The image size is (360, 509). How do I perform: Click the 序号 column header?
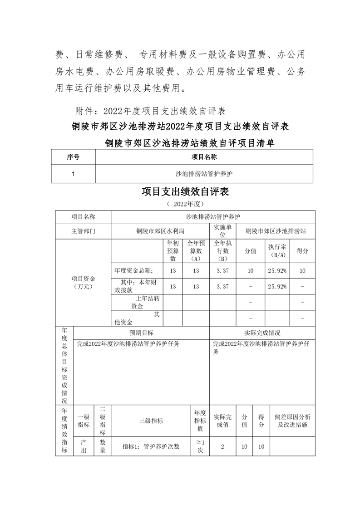pos(73,157)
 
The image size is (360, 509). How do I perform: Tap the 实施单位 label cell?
pos(222,231)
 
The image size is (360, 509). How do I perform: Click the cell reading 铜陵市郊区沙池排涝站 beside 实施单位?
pos(276,231)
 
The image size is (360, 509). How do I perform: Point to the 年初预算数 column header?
pos(173,250)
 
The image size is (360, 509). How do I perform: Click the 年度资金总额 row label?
pos(137,270)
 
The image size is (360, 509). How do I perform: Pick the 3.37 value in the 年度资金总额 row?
pos(222,270)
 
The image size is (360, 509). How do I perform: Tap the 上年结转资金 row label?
pos(137,302)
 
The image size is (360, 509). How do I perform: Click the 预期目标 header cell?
pos(141,333)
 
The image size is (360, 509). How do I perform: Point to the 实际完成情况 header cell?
pos(262,333)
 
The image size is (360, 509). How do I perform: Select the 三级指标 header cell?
pos(151,421)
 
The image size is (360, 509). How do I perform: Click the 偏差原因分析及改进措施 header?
pos(292,421)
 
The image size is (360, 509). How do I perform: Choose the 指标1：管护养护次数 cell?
pos(151,446)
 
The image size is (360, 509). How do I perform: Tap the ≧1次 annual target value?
pos(200,446)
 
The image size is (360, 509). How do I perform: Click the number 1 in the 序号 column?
pos(73,174)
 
